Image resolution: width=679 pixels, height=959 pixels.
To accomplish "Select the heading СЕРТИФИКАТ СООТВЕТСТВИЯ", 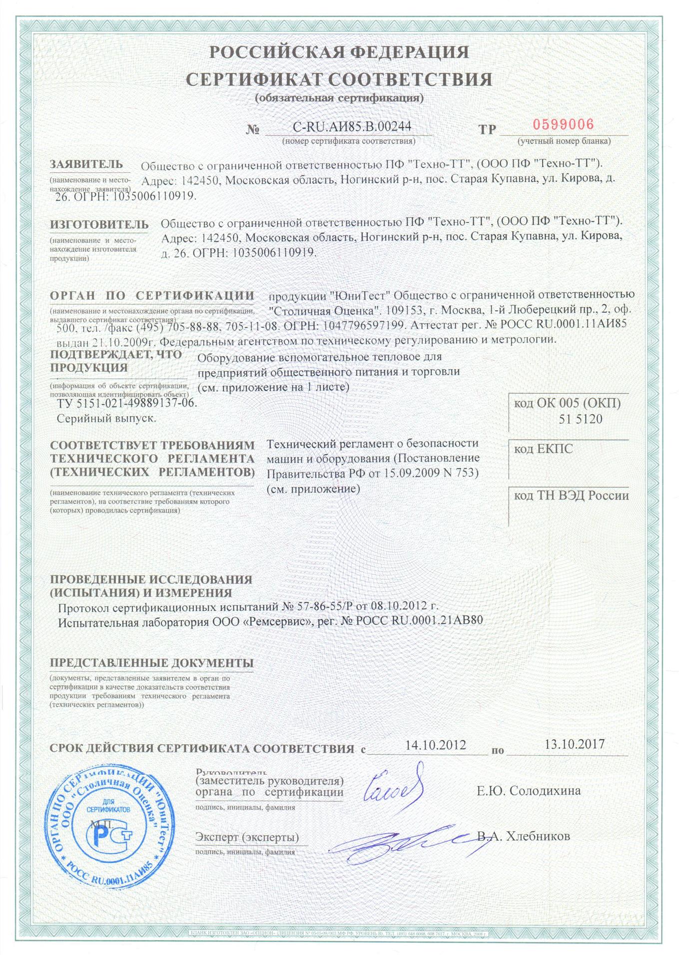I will click(x=339, y=79).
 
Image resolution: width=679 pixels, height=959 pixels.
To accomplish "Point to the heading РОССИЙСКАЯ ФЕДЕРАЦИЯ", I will click(x=339, y=52).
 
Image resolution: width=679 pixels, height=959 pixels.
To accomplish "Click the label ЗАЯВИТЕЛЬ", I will click(x=86, y=164).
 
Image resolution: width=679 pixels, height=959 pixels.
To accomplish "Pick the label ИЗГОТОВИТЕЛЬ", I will click(x=99, y=225).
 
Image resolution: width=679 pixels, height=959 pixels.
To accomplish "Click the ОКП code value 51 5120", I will click(x=581, y=419).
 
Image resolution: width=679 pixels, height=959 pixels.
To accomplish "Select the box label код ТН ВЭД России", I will click(x=572, y=495).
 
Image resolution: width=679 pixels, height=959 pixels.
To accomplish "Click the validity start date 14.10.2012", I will click(x=435, y=745).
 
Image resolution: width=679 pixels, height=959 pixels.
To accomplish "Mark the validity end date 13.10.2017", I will click(x=575, y=744).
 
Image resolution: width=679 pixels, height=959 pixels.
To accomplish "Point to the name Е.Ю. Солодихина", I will click(x=529, y=791).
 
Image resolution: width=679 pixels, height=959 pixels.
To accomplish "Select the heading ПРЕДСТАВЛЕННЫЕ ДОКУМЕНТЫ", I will click(x=151, y=663).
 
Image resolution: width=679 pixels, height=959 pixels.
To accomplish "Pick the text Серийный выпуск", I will click(x=106, y=419).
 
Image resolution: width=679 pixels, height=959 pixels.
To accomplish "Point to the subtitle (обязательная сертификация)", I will click(x=339, y=98).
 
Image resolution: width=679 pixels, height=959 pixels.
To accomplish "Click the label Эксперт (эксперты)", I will click(x=247, y=837).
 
